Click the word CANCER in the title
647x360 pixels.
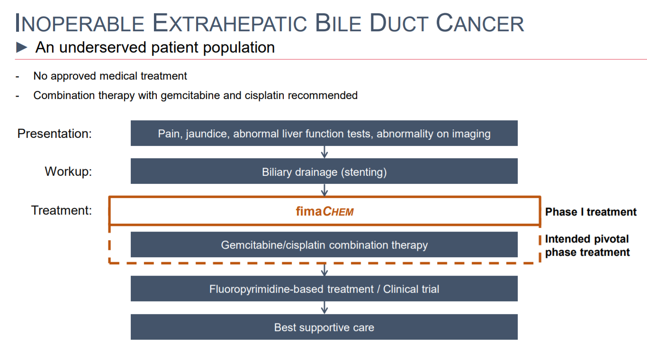[x=480, y=23]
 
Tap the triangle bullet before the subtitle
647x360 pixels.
[x=22, y=47]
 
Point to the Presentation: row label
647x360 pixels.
[x=54, y=134]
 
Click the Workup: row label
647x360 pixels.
[x=68, y=171]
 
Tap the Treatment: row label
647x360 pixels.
[x=62, y=210]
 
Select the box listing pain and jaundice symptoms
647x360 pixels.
[x=324, y=133]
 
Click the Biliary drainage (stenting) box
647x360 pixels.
[x=324, y=171]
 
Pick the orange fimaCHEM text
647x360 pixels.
[x=324, y=211]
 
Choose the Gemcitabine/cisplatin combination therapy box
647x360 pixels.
[x=324, y=244]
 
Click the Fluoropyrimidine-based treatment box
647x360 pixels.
[x=324, y=288]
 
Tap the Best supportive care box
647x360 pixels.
[x=324, y=327]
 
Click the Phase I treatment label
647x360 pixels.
[x=591, y=212]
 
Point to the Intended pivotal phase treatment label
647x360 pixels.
[x=587, y=245]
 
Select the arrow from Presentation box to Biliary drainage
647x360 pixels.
[x=324, y=152]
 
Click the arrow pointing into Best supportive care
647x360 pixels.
[x=324, y=308]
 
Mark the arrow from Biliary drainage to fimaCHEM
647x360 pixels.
[x=324, y=190]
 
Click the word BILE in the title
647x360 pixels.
[x=338, y=23]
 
